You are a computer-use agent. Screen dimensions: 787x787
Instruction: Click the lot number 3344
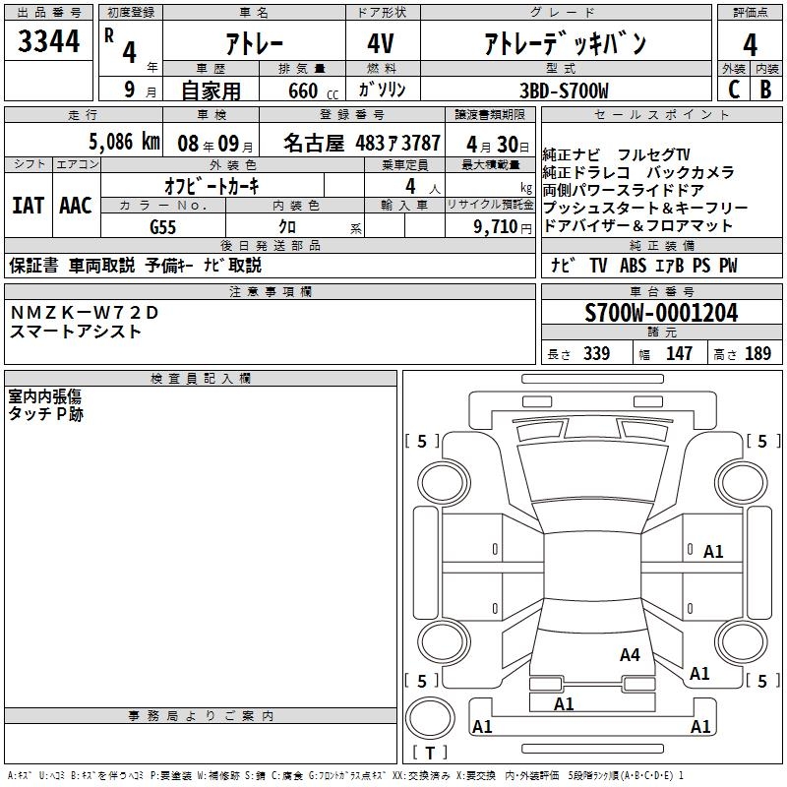[x=48, y=41]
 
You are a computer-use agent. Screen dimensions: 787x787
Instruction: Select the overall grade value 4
[x=750, y=45]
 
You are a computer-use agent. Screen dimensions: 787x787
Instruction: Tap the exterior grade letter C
[x=734, y=90]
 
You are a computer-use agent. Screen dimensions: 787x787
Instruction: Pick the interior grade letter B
[x=765, y=90]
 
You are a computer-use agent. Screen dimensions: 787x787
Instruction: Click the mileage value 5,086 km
[x=125, y=142]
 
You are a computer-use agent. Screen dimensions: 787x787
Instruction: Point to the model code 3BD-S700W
[x=564, y=91]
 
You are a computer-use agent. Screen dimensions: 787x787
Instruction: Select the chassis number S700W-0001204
[x=661, y=313]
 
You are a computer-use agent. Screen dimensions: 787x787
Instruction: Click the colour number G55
[x=162, y=227]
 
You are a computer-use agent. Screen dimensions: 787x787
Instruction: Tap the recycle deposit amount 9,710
[x=495, y=227]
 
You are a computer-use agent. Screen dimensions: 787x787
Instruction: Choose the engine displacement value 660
[x=303, y=91]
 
